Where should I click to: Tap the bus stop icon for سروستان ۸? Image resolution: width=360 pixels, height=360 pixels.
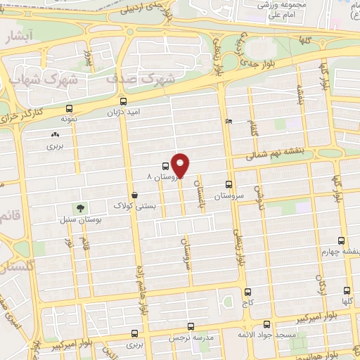165,167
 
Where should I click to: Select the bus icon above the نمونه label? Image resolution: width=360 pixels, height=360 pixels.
68,109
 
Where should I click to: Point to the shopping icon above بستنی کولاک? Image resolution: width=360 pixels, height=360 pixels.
134,195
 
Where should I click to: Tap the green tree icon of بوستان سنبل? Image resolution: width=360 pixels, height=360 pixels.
82,208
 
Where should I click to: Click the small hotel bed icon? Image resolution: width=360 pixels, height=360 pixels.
228,121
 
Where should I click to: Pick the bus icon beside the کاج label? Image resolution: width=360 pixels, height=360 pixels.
247,292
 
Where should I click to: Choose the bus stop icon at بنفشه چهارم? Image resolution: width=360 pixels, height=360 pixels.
341,240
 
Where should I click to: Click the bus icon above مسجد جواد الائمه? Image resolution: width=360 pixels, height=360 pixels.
266,324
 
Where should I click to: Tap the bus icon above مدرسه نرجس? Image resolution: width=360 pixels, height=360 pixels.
191,326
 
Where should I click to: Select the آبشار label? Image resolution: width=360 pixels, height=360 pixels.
15,39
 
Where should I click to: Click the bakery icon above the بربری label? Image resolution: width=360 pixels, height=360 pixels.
55,134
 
